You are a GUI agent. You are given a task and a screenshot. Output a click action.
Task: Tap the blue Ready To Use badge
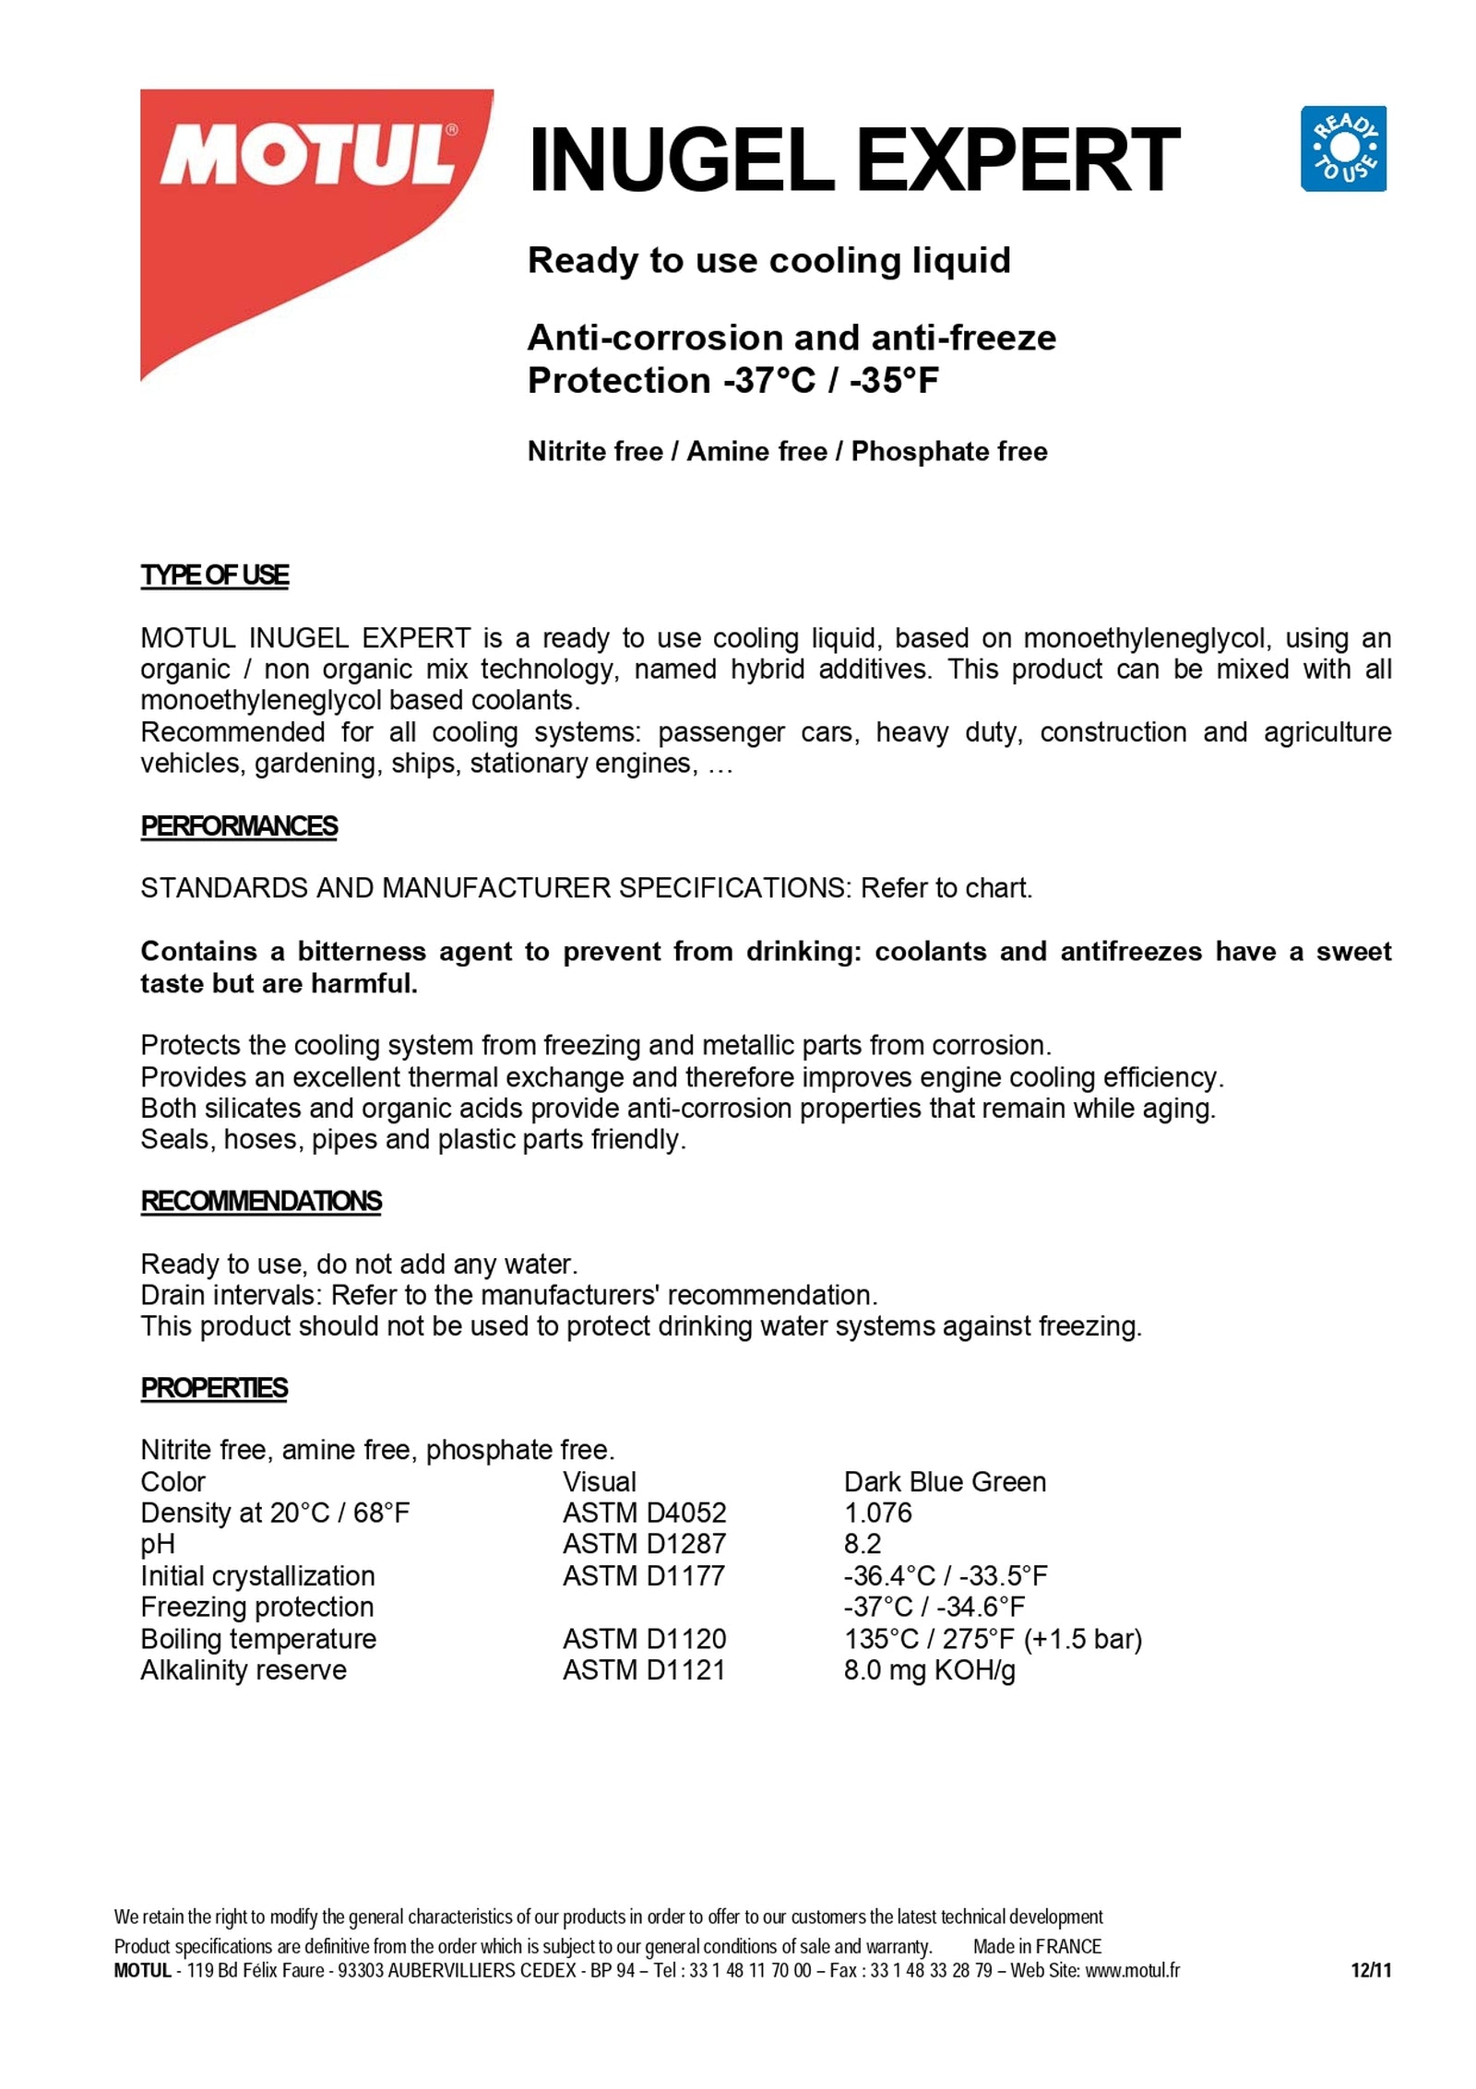tap(1342, 148)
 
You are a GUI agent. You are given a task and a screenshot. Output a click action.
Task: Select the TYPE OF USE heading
tap(214, 576)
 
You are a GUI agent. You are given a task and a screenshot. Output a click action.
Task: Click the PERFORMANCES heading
tap(239, 825)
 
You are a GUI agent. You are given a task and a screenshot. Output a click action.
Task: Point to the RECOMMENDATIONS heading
tap(261, 1201)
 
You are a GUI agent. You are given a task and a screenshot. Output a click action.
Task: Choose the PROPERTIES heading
tap(214, 1388)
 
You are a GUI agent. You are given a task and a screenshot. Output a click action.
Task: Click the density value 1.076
tap(877, 1513)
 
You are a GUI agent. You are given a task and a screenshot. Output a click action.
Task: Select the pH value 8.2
tap(862, 1544)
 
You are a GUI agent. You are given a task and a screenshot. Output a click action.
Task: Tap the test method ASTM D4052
tap(644, 1513)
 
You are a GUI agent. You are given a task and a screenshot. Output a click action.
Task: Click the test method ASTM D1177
tap(644, 1575)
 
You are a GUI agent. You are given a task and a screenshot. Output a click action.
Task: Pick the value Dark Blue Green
tap(945, 1481)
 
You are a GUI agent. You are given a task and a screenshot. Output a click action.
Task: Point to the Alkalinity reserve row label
tap(244, 1669)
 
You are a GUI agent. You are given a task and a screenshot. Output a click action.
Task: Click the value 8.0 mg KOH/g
tap(929, 1669)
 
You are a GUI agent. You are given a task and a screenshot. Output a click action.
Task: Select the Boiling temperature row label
tap(258, 1638)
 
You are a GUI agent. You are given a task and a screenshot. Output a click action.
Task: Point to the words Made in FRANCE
tap(1037, 1947)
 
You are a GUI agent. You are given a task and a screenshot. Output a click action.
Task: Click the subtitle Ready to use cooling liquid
tap(768, 261)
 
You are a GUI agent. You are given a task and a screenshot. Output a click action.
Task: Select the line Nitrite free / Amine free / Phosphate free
tap(787, 452)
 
